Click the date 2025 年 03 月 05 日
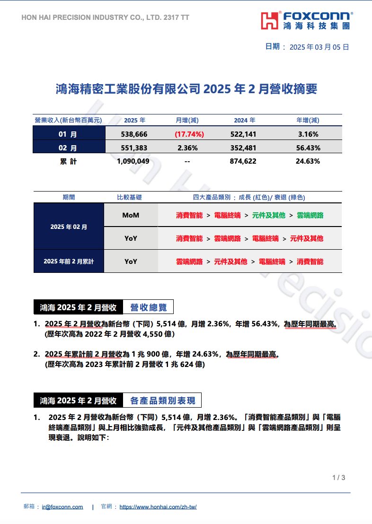tap(319, 47)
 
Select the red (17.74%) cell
tap(189, 134)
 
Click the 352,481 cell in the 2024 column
tap(243, 148)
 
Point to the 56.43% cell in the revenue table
tap(308, 148)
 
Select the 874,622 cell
tap(243, 161)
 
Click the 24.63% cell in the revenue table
tap(308, 161)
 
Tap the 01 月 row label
tap(68, 134)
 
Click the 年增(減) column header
tap(308, 120)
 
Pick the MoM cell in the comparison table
tap(131, 215)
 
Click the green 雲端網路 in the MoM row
tap(310, 215)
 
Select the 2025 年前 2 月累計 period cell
tap(69, 261)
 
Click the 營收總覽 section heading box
tap(148, 307)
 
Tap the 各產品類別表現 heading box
tap(162, 401)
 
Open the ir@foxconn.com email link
tap(62, 507)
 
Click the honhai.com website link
tap(158, 507)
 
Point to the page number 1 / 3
tap(339, 478)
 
